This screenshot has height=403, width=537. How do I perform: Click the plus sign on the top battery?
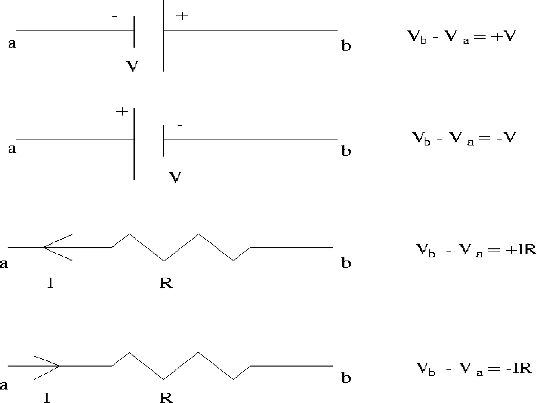[x=182, y=16]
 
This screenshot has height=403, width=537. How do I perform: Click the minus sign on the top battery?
[x=115, y=17]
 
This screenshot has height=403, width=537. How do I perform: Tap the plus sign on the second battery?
[x=122, y=112]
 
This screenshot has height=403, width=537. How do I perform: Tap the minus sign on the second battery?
[x=180, y=126]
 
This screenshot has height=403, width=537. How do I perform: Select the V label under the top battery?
[x=132, y=66]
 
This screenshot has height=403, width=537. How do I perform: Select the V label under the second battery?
[x=175, y=177]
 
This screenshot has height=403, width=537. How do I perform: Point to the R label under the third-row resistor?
[x=166, y=283]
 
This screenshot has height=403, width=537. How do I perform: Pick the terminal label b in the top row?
[x=346, y=46]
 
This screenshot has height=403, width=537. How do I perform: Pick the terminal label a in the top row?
[x=12, y=43]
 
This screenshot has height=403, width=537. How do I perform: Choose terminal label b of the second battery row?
[x=346, y=151]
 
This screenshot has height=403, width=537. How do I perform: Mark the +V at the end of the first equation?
[x=503, y=36]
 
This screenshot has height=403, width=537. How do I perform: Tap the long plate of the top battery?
[x=164, y=35]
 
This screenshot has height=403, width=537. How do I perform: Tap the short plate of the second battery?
[x=164, y=141]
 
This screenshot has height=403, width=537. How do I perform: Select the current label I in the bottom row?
[x=47, y=397]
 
